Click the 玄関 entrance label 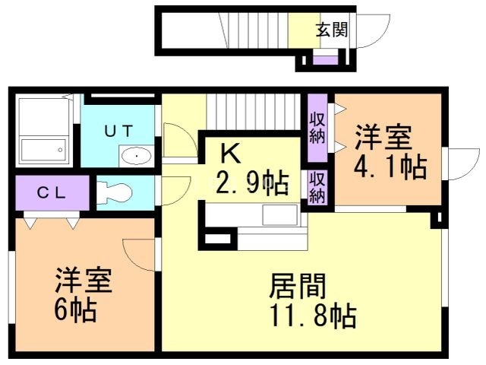[332, 30]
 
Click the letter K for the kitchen [230, 153]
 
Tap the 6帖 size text [74, 310]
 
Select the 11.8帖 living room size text [313, 314]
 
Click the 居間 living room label [298, 287]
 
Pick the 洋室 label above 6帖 [83, 281]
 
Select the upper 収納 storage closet [317, 127]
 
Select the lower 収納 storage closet [317, 186]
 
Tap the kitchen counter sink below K [281, 215]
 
